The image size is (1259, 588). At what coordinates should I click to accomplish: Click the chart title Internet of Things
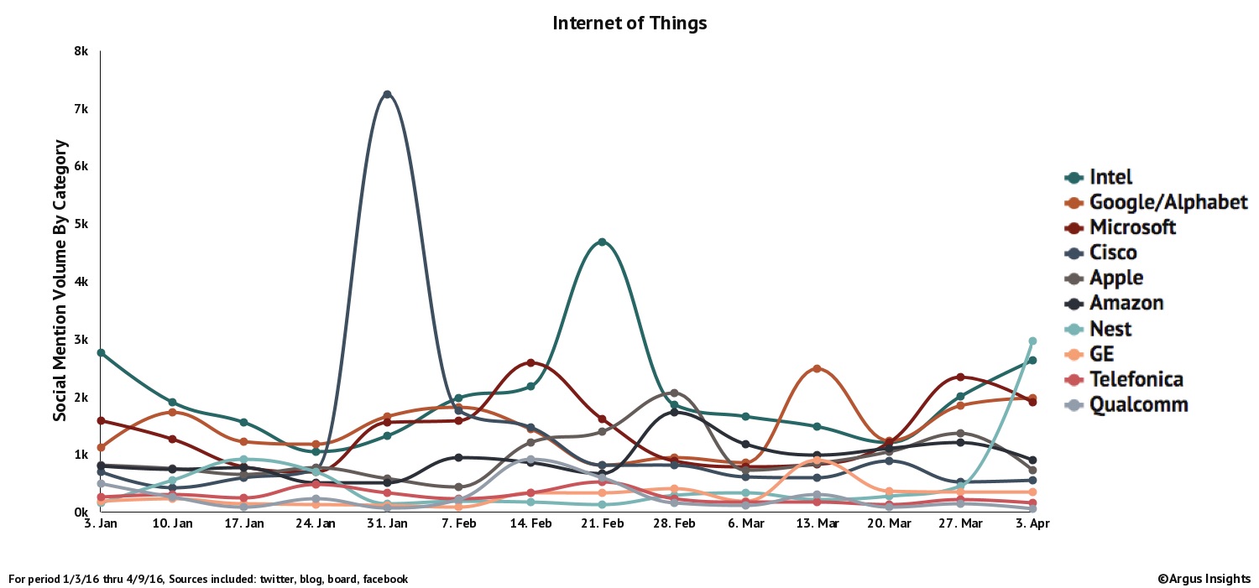629,23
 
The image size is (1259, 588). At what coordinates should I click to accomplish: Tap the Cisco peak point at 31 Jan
387,94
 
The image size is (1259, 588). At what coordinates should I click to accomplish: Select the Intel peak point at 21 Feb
602,242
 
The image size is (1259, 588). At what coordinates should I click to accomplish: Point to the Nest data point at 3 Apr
1032,341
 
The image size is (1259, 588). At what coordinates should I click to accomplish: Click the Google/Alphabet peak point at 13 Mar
817,369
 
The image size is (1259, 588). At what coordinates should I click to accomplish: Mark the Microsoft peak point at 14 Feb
530,362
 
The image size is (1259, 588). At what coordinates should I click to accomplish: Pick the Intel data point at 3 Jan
101,352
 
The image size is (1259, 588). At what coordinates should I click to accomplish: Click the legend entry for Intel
1110,177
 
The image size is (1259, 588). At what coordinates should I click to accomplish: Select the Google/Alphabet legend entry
1168,202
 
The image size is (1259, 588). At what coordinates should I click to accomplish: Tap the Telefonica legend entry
1136,379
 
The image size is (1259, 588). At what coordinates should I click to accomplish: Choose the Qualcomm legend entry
1138,404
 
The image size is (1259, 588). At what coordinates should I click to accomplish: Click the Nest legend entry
1110,329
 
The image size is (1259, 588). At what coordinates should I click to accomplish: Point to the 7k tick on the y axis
81,109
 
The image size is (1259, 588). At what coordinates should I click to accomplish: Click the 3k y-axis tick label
81,340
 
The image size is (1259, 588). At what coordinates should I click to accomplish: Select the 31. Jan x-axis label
387,523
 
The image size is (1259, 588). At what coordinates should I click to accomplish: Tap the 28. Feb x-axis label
673,523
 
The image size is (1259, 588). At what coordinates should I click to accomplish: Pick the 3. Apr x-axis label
1032,523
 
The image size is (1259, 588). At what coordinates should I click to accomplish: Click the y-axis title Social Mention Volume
60,281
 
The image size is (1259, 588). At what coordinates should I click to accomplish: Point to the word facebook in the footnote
384,579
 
